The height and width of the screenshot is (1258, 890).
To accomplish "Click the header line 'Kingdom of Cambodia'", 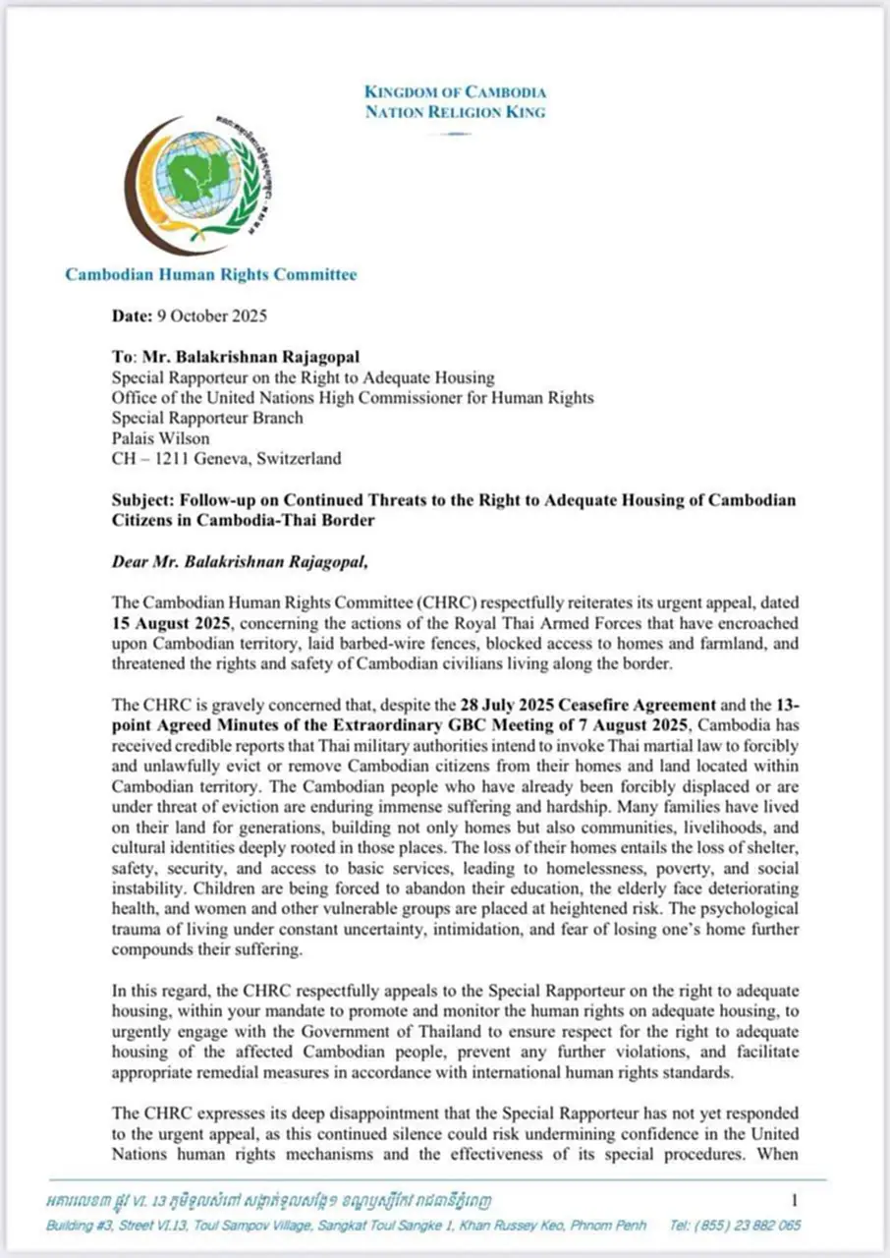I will click(x=455, y=92).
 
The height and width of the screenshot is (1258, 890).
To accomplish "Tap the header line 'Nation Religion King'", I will click(x=455, y=112).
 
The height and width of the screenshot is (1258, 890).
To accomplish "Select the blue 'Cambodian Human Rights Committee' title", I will click(x=211, y=274).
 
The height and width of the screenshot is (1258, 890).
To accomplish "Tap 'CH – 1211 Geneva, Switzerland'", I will click(x=227, y=458).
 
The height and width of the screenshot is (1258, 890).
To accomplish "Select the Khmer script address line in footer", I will click(x=269, y=1200).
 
